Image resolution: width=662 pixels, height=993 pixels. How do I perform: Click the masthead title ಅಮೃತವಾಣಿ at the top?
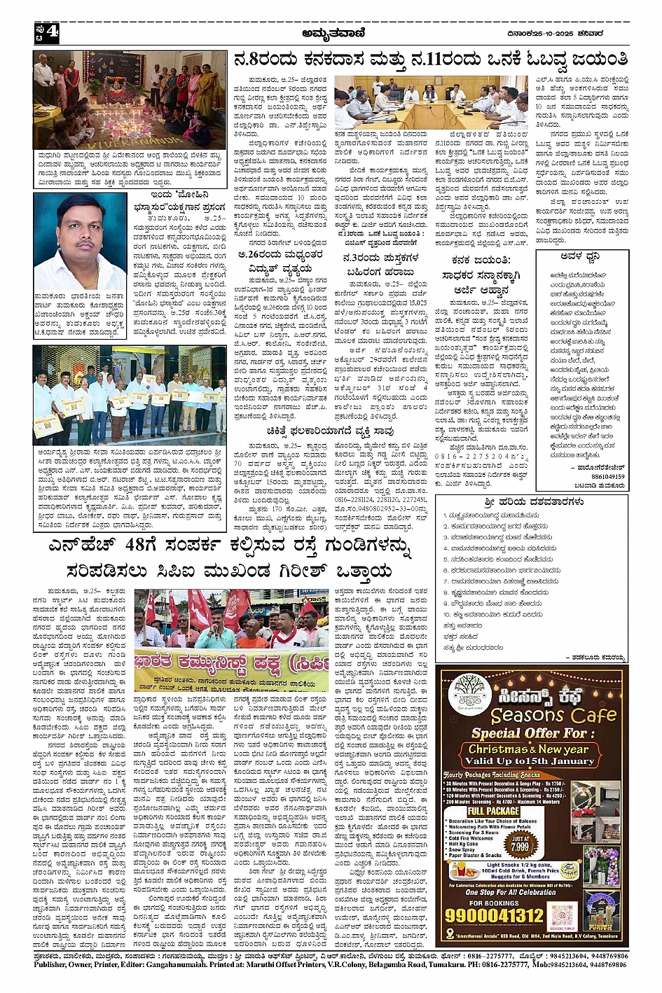(x=331, y=32)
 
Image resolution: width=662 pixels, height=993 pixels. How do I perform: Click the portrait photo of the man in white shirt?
(x=78, y=240)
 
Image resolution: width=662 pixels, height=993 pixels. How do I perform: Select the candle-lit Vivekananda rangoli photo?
(x=130, y=99)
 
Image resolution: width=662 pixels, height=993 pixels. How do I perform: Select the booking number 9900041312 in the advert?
(x=495, y=915)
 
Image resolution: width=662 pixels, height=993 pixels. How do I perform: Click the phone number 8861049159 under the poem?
(x=607, y=476)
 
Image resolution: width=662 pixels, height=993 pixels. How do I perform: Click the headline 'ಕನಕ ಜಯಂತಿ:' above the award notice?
(x=481, y=261)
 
